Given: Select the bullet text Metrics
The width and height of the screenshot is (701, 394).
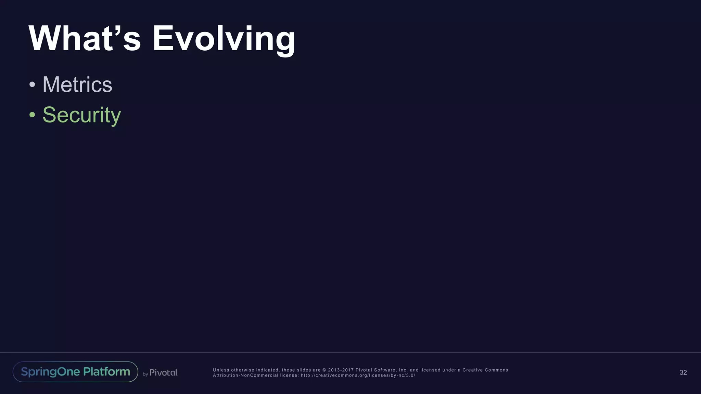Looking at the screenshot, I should point(77,84).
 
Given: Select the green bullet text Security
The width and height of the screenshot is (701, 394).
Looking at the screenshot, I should point(81,115).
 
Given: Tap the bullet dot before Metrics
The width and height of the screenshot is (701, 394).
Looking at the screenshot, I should point(32,84).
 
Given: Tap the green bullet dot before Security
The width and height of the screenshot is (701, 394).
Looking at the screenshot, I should point(32,115).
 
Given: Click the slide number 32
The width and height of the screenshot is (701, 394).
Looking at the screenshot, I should point(683,372).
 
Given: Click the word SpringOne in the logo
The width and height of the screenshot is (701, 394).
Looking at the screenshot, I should point(50,372).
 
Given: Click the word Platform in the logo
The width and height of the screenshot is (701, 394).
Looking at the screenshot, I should point(106,372).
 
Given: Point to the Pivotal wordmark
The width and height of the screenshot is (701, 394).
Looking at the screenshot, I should point(163,372).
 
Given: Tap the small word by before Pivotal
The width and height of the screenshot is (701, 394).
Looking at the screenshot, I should point(145,374).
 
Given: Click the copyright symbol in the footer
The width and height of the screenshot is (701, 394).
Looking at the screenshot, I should point(324,370).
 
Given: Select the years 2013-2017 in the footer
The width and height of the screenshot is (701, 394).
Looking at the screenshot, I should point(341,370).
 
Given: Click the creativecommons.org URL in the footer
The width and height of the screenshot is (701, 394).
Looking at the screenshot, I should point(358,375).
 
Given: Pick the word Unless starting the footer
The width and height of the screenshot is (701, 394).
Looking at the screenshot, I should point(221,370).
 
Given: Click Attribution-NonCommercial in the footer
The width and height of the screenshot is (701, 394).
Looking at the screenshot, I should point(245,375).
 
